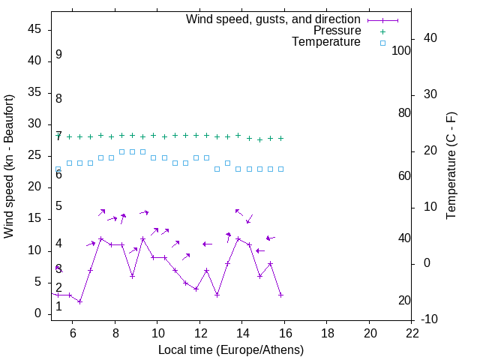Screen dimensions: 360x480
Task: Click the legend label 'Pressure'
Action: click(x=337, y=31)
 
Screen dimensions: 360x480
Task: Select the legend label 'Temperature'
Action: click(x=326, y=43)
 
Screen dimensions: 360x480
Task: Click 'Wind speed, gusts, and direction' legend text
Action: click(x=273, y=19)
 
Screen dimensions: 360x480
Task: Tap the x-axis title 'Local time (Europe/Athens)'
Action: click(x=231, y=349)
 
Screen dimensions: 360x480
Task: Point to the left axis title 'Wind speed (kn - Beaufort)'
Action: click(x=9, y=166)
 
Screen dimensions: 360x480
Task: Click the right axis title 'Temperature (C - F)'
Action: click(x=451, y=166)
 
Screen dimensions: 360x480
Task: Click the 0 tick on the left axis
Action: click(x=37, y=313)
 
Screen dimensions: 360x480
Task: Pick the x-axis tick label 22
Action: click(x=412, y=333)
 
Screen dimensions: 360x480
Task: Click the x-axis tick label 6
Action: click(x=73, y=333)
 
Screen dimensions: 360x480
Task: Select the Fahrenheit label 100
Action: click(x=402, y=50)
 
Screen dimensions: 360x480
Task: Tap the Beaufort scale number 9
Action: click(x=58, y=55)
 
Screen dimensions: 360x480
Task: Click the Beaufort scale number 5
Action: click(x=58, y=206)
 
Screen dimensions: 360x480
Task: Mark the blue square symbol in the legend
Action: click(x=382, y=43)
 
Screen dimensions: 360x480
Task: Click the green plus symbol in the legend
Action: click(x=382, y=31)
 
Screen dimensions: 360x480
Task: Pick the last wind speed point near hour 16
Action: click(x=280, y=295)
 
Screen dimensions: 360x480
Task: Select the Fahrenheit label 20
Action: click(x=404, y=301)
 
